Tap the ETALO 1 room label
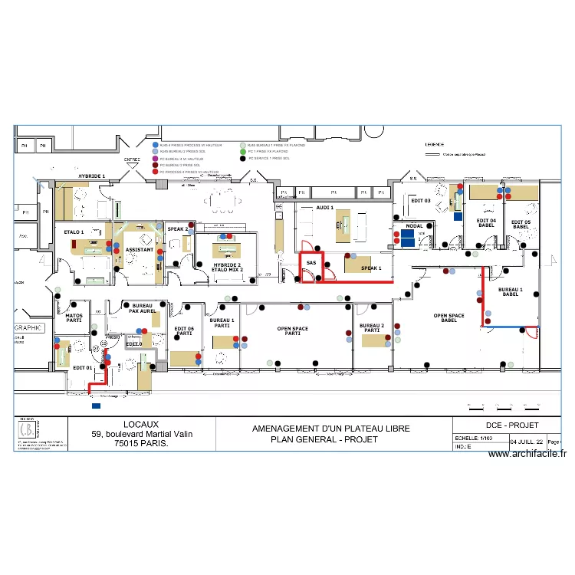(74, 231)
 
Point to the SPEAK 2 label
(177, 229)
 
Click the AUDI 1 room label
(325, 208)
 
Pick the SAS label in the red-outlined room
(310, 263)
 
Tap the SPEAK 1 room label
(371, 268)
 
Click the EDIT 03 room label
(421, 201)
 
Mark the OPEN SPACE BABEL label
(449, 318)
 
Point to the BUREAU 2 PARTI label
(371, 327)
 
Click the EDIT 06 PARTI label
(184, 331)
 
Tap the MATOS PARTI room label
(74, 317)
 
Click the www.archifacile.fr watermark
(527, 454)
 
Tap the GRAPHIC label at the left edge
(28, 327)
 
